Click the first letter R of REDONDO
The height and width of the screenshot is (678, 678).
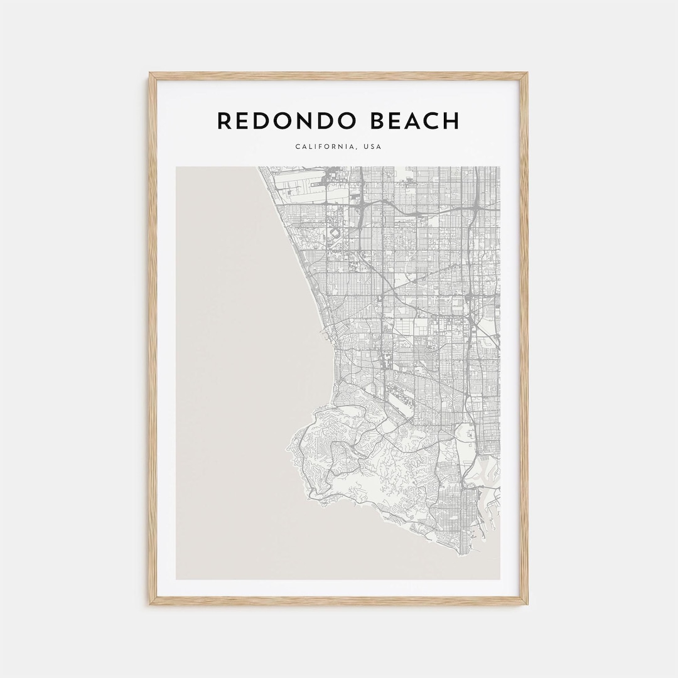[x=224, y=121]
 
